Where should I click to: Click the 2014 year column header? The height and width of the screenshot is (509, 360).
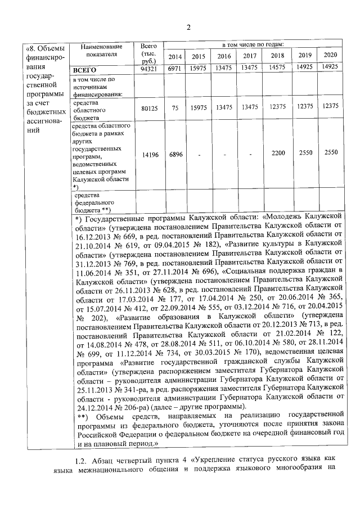175,56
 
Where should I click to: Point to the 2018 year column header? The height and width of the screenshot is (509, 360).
277,56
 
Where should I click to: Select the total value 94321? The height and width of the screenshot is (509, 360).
148,70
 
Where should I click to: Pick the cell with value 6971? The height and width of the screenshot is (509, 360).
175,69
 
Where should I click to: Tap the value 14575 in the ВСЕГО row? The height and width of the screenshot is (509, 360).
277,69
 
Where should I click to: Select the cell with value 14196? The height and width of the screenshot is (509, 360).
148,154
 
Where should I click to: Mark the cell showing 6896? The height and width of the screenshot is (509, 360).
175,154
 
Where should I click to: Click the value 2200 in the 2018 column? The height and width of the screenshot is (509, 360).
277,153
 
